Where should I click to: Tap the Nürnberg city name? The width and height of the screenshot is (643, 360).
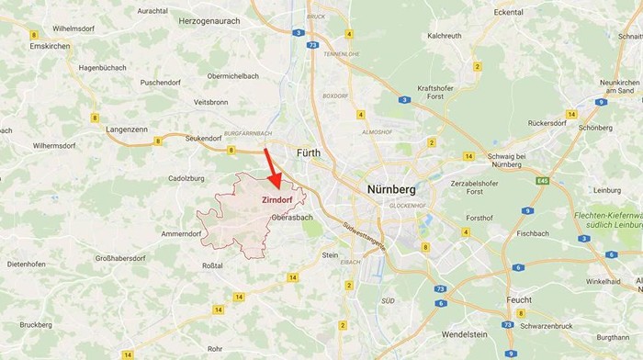point(390,189)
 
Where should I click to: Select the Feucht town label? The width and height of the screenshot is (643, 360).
point(519,300)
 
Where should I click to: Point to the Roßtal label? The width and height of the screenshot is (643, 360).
point(211,265)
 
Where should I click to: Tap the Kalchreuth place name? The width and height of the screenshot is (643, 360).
point(445,36)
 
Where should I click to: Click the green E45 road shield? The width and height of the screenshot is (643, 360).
point(542,181)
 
